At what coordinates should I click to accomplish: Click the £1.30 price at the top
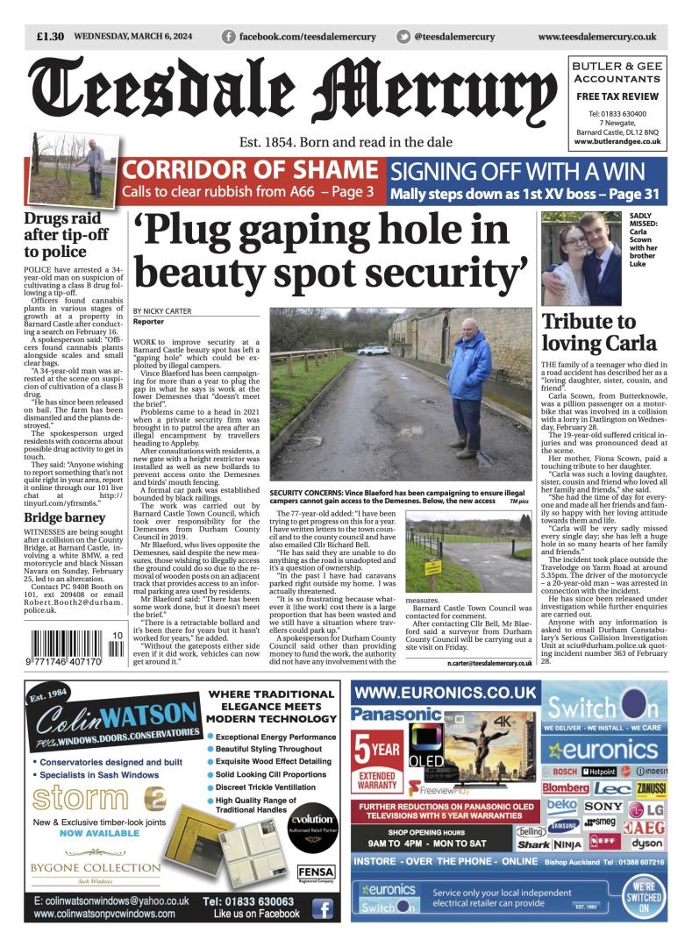50,37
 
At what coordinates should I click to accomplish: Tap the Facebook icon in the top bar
229,37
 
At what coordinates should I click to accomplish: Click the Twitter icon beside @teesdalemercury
403,37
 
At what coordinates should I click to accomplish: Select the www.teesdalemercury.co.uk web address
596,37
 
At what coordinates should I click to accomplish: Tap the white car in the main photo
374,349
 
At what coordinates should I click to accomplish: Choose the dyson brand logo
647,844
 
